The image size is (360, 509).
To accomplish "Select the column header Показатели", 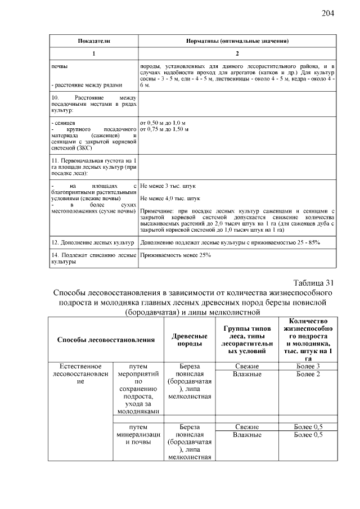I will (93, 42).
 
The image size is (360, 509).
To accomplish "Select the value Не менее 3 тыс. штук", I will (168, 185).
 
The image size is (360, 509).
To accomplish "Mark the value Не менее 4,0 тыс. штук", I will (170, 199).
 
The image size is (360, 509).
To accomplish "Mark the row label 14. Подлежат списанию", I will (92, 259).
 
